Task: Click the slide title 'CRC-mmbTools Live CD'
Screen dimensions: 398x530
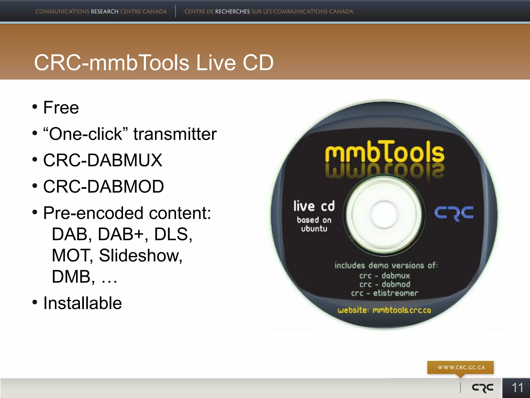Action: [x=154, y=63]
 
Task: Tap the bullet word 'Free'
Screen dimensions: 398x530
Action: [x=61, y=108]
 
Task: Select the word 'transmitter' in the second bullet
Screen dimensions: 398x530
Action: [x=175, y=134]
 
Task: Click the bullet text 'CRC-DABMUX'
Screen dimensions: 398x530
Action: [x=103, y=160]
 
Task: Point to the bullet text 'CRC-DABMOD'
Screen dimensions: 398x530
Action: [x=104, y=187]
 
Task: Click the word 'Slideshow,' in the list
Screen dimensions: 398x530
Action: [x=141, y=255]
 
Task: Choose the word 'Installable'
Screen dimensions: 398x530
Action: [x=83, y=303]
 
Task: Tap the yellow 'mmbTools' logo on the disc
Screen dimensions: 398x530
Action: [x=385, y=152]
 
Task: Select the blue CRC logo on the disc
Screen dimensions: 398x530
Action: [x=454, y=213]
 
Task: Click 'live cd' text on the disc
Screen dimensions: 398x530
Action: [x=314, y=206]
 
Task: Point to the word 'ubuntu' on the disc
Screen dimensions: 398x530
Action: [x=314, y=229]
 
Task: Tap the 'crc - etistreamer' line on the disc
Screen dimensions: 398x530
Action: [x=385, y=293]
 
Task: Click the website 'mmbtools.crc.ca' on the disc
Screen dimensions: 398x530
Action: [x=402, y=310]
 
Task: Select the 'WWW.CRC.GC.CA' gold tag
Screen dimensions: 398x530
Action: [x=461, y=367]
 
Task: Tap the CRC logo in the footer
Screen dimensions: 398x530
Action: [x=483, y=388]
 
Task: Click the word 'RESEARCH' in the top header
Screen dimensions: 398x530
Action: [x=105, y=11]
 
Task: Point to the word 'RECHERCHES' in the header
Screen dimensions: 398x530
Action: [x=232, y=11]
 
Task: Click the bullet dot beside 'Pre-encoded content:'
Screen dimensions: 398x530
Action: [x=35, y=212]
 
